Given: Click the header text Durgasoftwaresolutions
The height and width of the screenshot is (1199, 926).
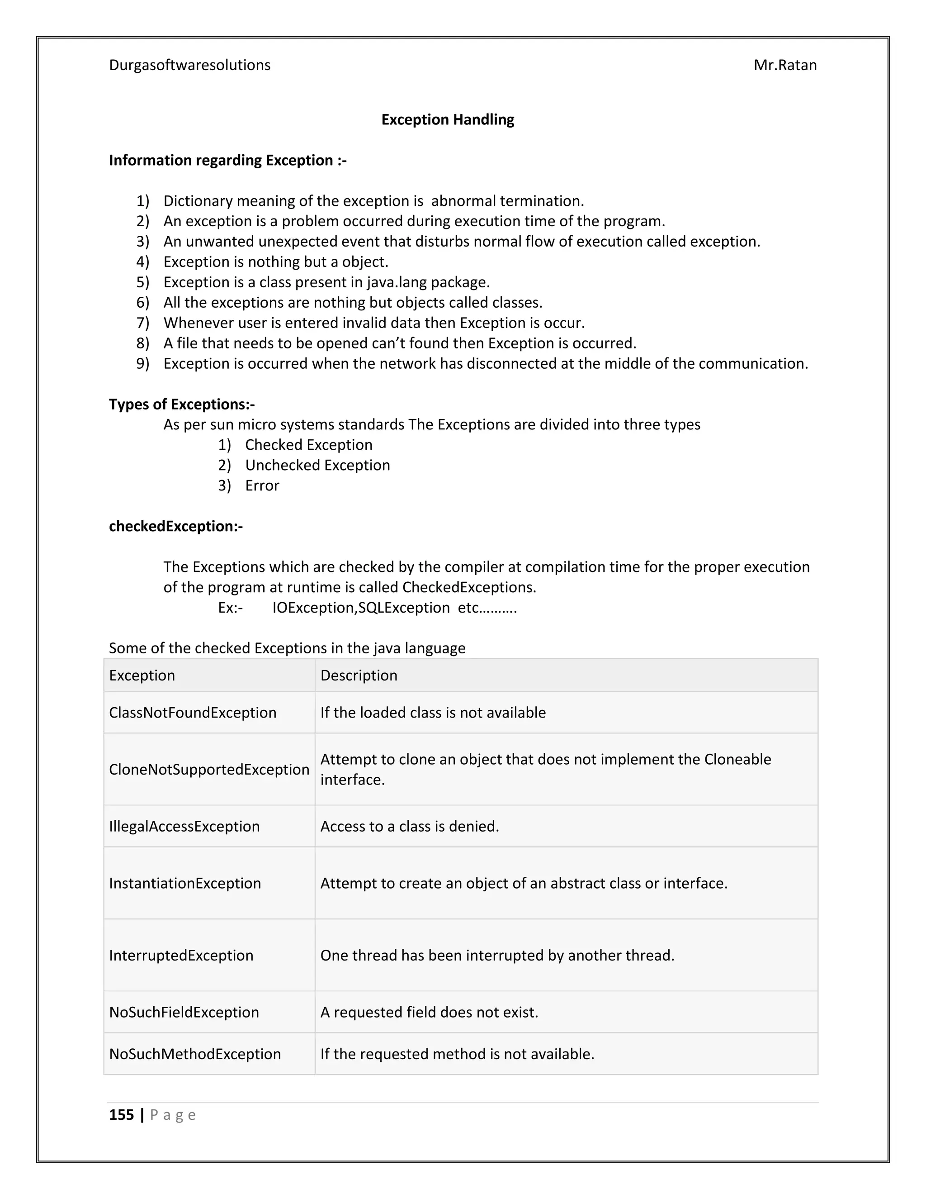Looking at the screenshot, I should [189, 65].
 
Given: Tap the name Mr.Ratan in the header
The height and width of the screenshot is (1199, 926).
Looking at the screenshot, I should [784, 65].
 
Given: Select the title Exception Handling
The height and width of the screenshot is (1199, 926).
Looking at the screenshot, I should [448, 120].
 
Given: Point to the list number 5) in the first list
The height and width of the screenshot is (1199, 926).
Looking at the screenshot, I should [142, 282].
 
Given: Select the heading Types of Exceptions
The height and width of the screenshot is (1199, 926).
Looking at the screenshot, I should [182, 404].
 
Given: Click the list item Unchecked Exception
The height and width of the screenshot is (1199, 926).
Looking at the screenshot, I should [317, 465].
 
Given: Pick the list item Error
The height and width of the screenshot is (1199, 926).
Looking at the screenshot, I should [262, 485].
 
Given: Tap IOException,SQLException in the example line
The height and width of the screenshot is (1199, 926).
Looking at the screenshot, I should [361, 608].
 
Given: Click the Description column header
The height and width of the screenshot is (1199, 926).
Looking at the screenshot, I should [359, 675].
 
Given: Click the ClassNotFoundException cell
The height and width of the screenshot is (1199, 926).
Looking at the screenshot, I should [193, 713].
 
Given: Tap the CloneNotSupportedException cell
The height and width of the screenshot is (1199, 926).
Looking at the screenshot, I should [209, 770].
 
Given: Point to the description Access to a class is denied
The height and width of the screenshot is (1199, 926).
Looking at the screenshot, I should [409, 826].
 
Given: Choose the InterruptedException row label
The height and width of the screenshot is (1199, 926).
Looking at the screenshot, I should [181, 955].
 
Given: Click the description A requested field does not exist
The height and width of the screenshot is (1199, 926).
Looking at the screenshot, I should [429, 1012].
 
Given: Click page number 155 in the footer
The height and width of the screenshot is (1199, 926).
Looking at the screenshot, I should [121, 1115].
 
